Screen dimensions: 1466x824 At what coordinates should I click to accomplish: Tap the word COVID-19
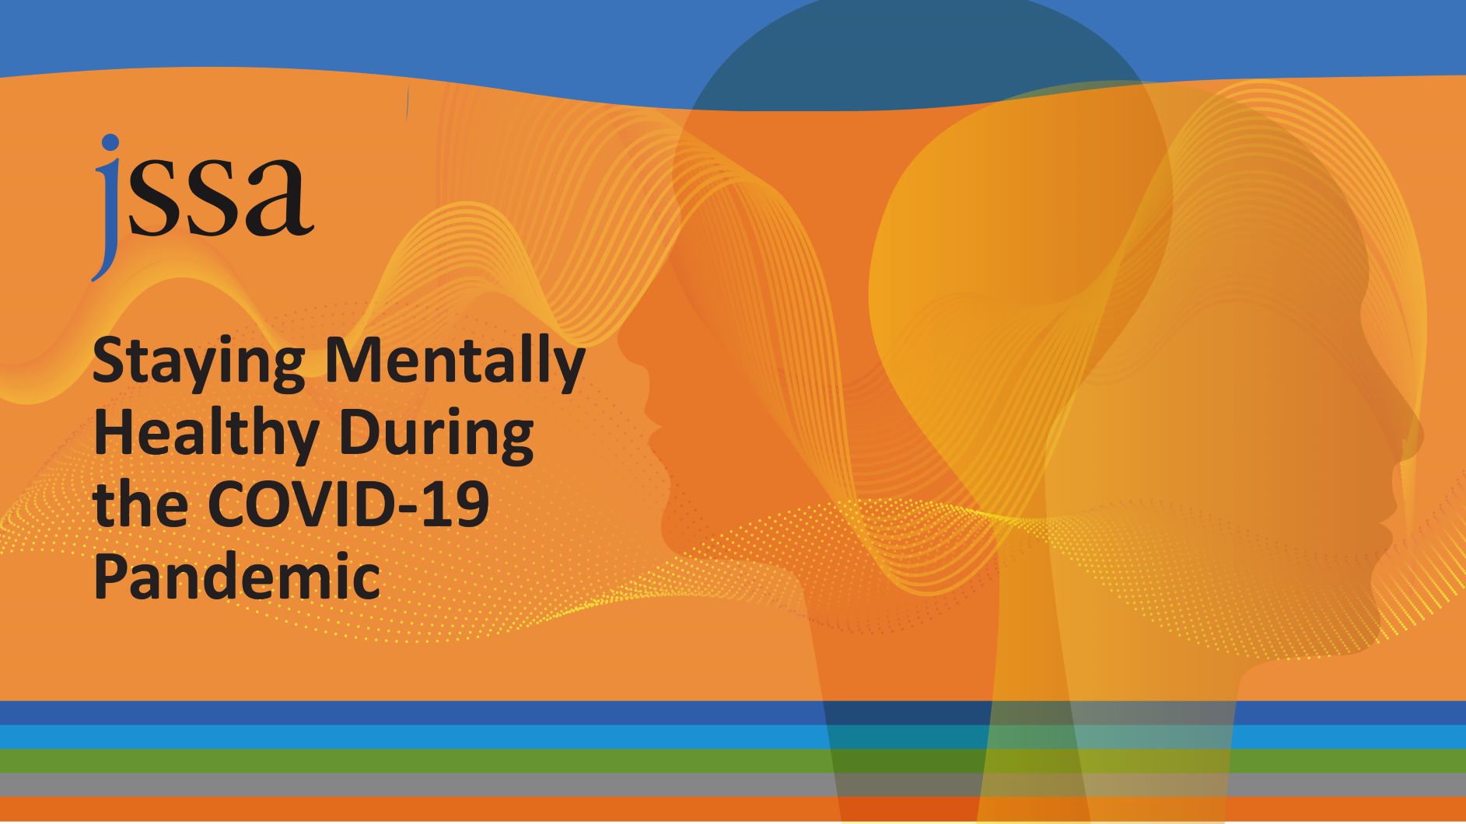tap(349, 505)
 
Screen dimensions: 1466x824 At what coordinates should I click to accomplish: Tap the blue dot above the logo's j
tap(111, 142)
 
